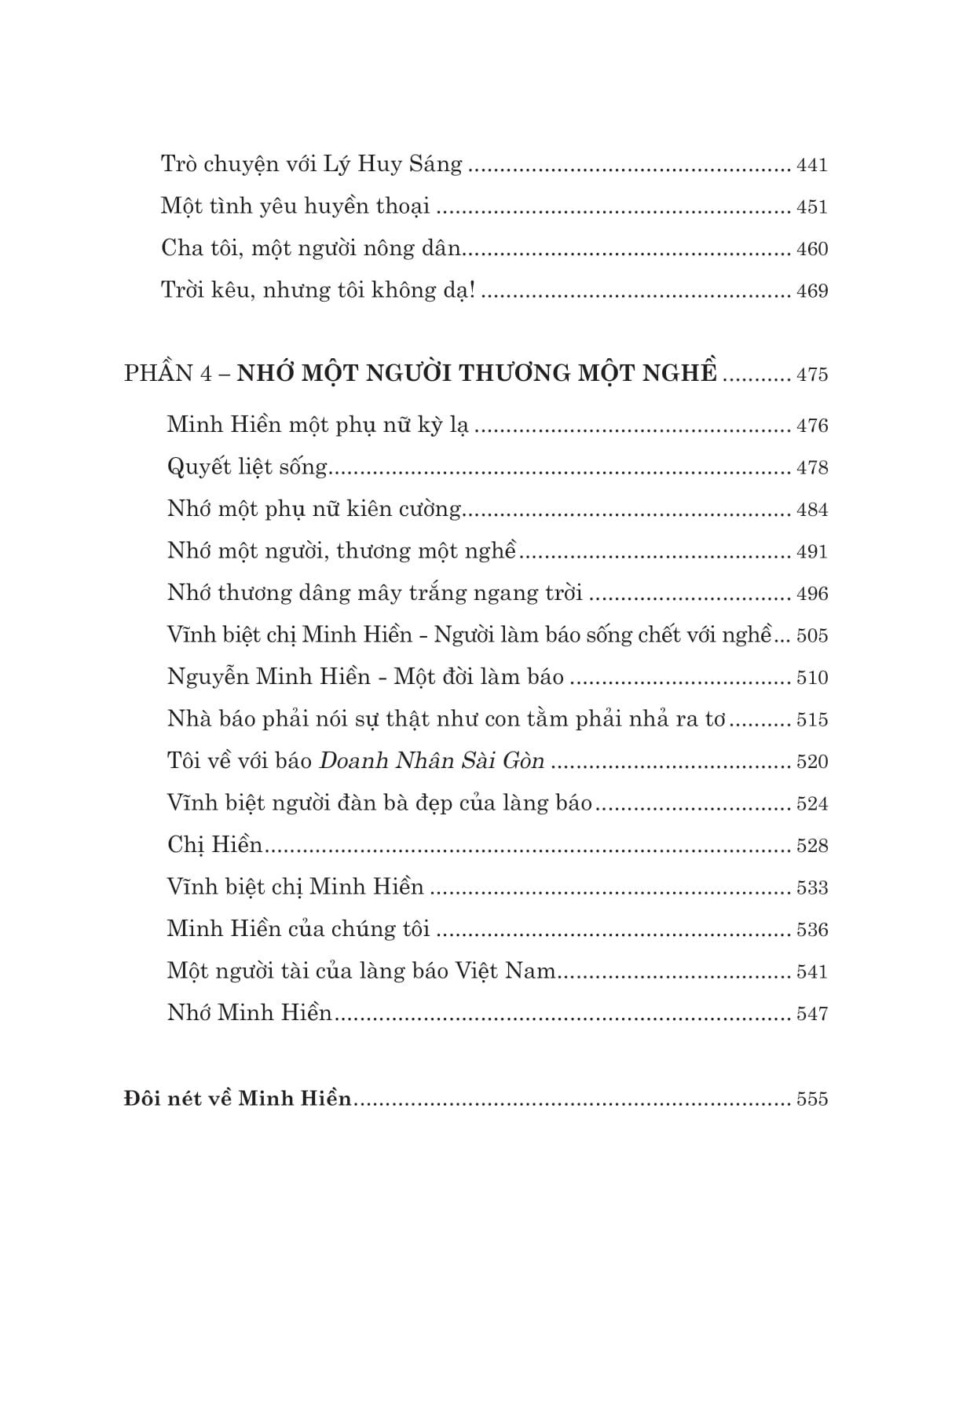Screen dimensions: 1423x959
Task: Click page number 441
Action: coord(812,166)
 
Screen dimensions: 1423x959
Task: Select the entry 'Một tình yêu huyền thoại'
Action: coord(295,207)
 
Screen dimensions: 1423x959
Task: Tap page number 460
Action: coord(812,250)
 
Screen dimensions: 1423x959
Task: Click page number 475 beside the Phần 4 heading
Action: coord(812,375)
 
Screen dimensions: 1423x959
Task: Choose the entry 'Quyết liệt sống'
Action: coord(247,467)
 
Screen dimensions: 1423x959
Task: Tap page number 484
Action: coord(812,510)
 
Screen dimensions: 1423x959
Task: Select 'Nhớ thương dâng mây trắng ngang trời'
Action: coord(375,593)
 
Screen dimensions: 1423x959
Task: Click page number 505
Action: coord(812,636)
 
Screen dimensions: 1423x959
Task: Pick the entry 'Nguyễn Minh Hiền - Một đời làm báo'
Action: coord(365,677)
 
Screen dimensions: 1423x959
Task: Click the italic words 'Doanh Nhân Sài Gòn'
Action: coord(433,762)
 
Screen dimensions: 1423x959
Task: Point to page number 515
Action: coord(812,720)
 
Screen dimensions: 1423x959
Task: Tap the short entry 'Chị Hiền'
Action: coord(214,846)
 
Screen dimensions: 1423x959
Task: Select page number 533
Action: coord(812,888)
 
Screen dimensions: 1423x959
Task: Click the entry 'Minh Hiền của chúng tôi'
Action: coord(298,930)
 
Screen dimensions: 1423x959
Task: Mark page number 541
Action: coord(812,972)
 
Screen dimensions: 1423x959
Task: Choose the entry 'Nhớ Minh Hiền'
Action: coord(250,1014)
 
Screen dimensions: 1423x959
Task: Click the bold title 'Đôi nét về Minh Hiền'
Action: coord(238,1099)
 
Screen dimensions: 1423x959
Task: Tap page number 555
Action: coord(812,1099)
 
